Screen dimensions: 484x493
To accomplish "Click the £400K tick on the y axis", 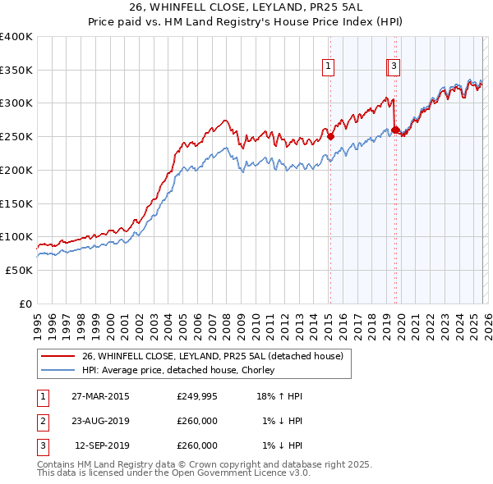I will point(16,37).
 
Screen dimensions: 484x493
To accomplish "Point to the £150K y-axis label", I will point(16,203).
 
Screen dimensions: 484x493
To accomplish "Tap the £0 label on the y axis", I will point(25,304).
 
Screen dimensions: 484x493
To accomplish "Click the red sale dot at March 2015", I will point(330,137).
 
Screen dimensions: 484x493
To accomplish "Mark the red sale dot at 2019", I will point(395,130).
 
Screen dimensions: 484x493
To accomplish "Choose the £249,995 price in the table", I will point(197,396).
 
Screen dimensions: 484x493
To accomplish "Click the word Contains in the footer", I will point(57,464).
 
